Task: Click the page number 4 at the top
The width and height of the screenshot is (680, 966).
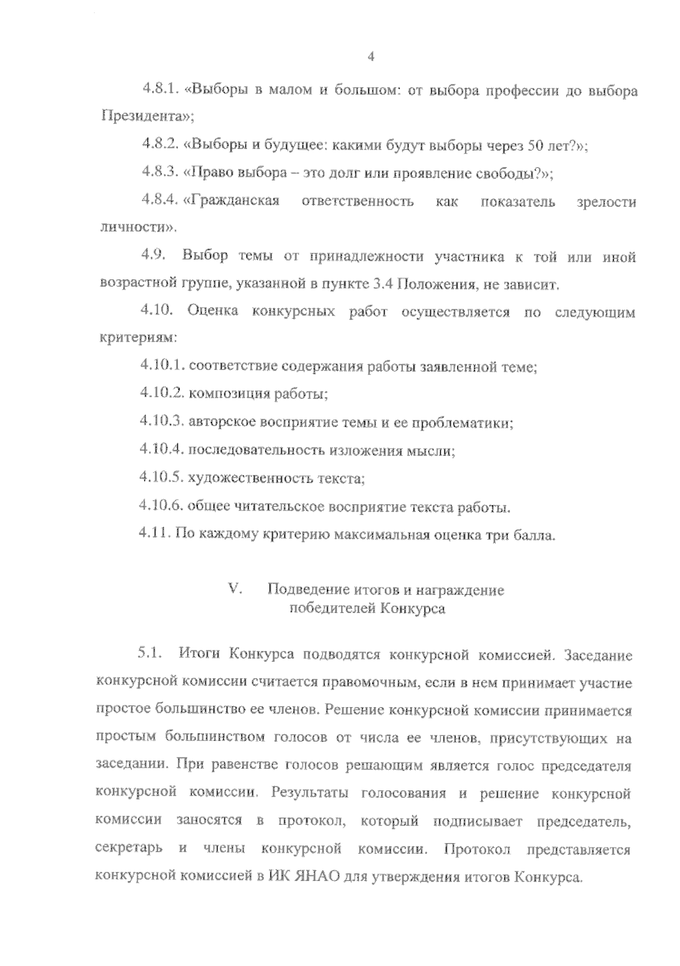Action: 371,57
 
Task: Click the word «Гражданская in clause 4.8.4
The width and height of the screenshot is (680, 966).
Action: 232,201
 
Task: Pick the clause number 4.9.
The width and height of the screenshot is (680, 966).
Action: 153,256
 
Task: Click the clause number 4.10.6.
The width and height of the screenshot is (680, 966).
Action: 160,506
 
